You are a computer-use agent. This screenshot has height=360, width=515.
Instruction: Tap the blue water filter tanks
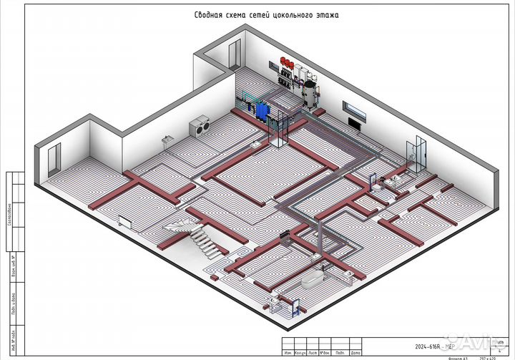[x=262, y=110]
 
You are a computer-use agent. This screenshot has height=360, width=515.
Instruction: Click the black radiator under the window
[x=353, y=123]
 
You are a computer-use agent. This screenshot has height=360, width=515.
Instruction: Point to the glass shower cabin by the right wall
[x=416, y=152]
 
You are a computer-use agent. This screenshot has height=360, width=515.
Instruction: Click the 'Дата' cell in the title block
[x=353, y=352]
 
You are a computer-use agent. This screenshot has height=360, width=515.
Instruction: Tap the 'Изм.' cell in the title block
[x=288, y=352]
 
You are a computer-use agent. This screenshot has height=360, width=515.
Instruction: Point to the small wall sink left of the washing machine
[x=167, y=137]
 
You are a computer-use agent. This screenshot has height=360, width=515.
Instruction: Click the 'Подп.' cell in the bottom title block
[x=338, y=352]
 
